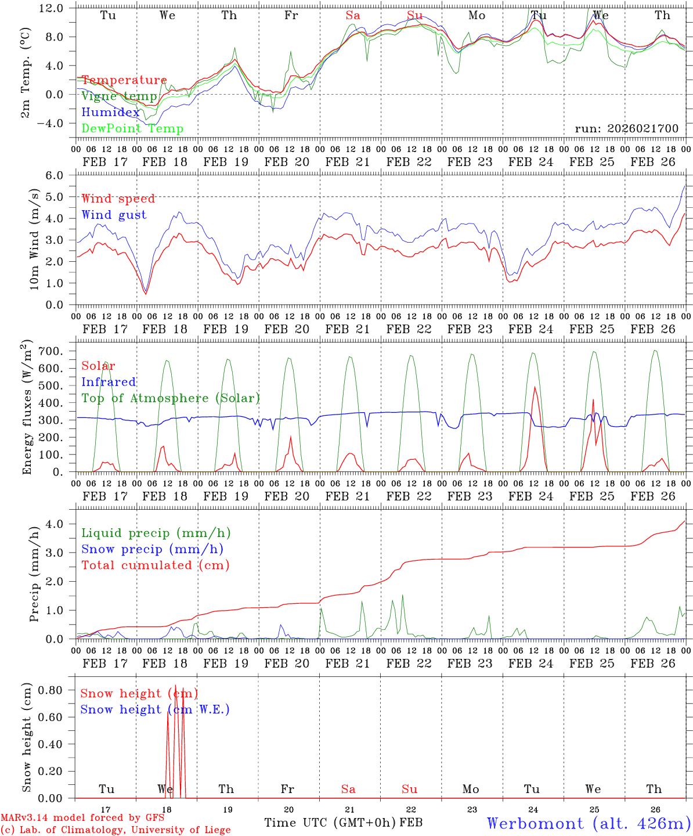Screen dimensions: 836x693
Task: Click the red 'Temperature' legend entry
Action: coord(124,80)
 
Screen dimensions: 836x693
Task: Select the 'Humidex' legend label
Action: coord(110,113)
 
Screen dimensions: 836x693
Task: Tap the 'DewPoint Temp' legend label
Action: coord(132,129)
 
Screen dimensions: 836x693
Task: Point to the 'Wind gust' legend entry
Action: coord(114,215)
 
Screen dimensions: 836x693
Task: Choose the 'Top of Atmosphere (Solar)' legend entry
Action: coord(170,398)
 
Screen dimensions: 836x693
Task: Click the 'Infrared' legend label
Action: coord(109,382)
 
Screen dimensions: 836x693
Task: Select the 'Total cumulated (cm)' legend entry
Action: coord(155,565)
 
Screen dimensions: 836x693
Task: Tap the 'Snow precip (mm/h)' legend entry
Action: coord(152,549)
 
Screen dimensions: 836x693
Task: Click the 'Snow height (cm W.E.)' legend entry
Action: coord(154,709)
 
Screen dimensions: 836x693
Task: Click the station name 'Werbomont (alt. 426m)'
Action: coord(588,823)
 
